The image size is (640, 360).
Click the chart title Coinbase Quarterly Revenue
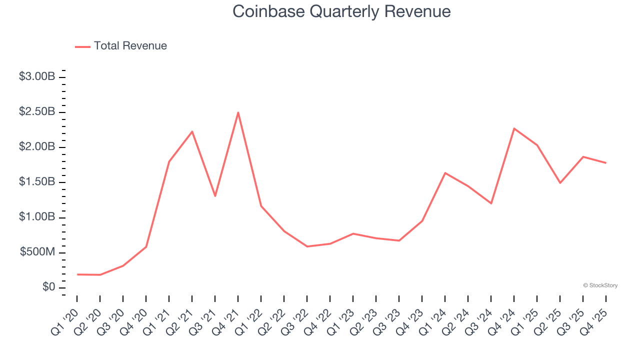pyautogui.click(x=341, y=11)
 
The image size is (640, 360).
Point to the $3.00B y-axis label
pyautogui.click(x=37, y=77)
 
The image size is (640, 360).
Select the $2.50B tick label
pyautogui.click(x=37, y=112)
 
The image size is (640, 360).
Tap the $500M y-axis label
pyautogui.click(x=37, y=252)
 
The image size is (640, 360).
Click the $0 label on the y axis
pyautogui.click(x=48, y=287)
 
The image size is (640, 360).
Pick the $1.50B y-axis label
pyautogui.click(x=37, y=182)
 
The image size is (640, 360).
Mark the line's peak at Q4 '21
pyautogui.click(x=238, y=112)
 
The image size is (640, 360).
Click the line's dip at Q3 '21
pyautogui.click(x=215, y=196)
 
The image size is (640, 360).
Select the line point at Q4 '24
pyautogui.click(x=514, y=128)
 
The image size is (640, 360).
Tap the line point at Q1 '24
pyautogui.click(x=445, y=173)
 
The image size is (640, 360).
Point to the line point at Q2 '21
pyautogui.click(x=192, y=131)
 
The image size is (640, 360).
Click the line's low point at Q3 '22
pyautogui.click(x=307, y=246)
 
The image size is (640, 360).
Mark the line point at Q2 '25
pyautogui.click(x=560, y=183)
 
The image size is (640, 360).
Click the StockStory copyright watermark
pyautogui.click(x=600, y=285)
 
